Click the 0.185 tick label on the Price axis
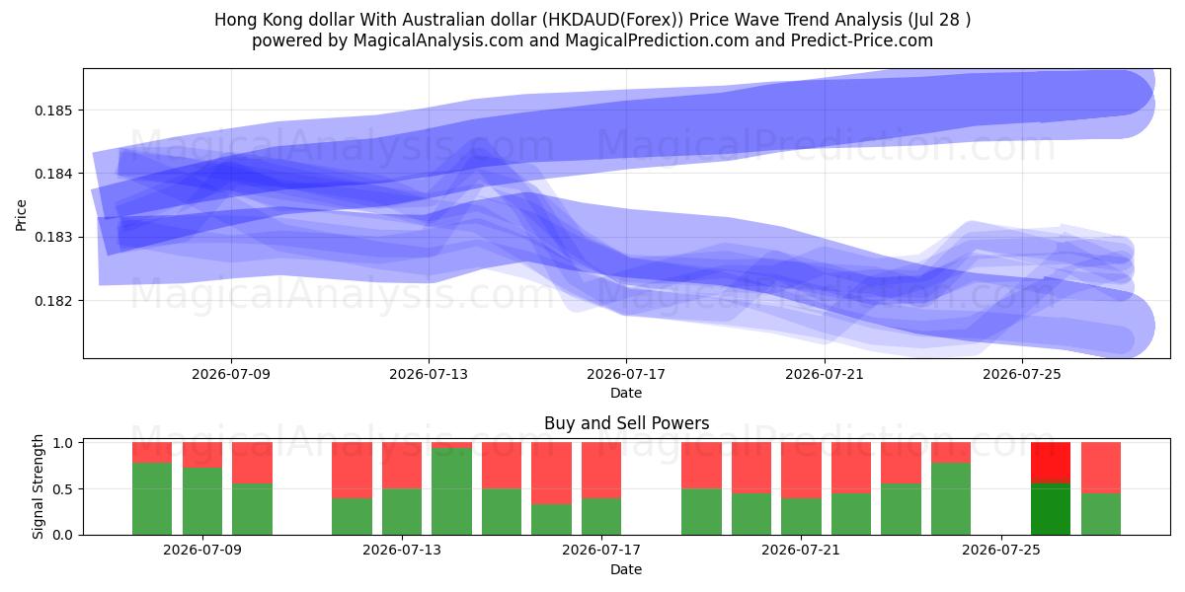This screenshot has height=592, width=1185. click(x=51, y=111)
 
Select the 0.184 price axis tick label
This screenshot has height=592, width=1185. click(x=51, y=174)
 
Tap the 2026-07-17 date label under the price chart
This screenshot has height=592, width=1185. click(x=626, y=374)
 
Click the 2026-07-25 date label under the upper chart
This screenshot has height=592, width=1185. click(x=1022, y=374)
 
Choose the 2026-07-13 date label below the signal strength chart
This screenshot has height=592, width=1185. click(x=402, y=550)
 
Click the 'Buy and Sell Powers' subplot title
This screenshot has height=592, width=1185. click(x=626, y=423)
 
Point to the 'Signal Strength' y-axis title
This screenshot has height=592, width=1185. click(x=38, y=486)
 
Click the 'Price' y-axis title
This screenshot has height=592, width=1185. click(x=21, y=215)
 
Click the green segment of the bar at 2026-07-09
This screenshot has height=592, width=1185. click(x=202, y=501)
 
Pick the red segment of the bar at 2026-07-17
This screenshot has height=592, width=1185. click(x=601, y=470)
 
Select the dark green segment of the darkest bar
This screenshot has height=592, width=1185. click(x=1050, y=509)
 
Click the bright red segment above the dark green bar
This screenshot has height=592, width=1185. click(x=1050, y=463)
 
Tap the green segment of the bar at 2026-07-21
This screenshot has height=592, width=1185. click(x=801, y=516)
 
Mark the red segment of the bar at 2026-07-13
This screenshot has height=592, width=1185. click(x=402, y=465)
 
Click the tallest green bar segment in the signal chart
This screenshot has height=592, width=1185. click(x=451, y=491)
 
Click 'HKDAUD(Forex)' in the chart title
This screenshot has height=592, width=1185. click(x=612, y=20)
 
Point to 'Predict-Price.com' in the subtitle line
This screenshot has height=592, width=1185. click(x=862, y=40)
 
